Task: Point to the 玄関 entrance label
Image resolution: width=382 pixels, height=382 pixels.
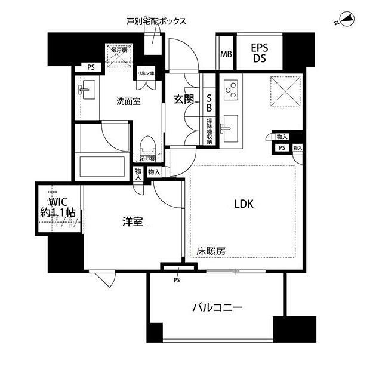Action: pyautogui.click(x=183, y=100)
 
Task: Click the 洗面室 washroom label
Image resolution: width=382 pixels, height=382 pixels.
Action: pyautogui.click(x=128, y=101)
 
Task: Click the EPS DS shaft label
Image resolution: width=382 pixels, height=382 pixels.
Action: pyautogui.click(x=259, y=52)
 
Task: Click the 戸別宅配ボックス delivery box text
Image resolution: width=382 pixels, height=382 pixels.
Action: pyautogui.click(x=156, y=21)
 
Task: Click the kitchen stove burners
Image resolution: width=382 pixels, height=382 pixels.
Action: pyautogui.click(x=231, y=90)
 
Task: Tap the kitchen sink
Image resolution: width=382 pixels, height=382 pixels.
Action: pyautogui.click(x=227, y=127)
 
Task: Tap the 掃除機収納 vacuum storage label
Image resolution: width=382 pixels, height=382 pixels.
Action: pyautogui.click(x=210, y=132)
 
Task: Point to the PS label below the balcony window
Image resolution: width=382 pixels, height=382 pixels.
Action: pyautogui.click(x=177, y=279)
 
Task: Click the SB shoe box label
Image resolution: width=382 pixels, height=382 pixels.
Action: pyautogui.click(x=210, y=104)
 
